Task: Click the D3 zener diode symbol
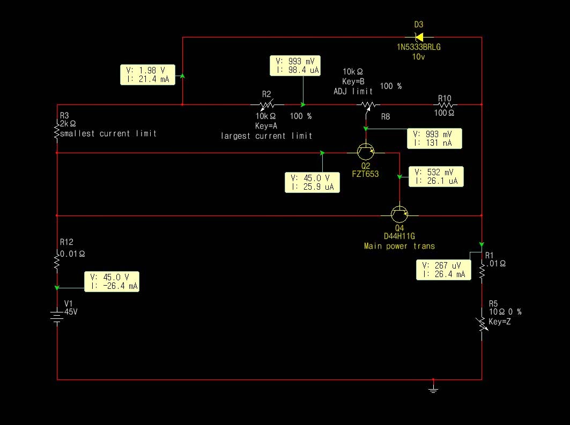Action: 419,38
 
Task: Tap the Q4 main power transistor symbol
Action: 399,214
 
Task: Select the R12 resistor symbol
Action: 57,262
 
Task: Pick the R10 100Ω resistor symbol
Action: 445,105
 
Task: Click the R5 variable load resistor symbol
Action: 482,323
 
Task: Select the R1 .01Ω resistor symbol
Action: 482,273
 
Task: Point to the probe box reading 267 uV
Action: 443,270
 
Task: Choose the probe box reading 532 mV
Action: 436,176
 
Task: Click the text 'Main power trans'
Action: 399,246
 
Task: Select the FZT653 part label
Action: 366,174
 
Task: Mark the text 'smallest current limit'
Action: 108,133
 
